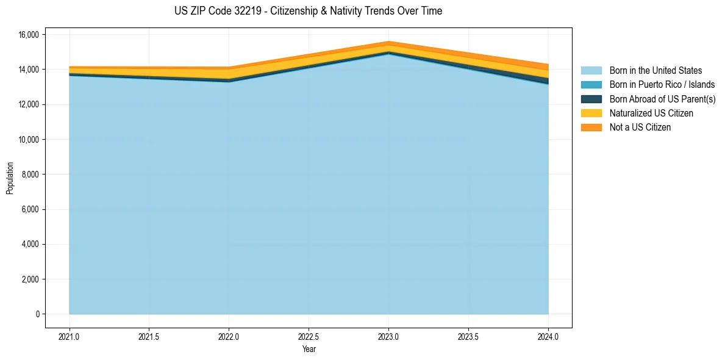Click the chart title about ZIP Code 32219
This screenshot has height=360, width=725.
tap(308, 11)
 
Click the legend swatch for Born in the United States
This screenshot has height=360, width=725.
tap(591, 71)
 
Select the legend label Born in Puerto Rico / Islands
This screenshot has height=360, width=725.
tap(662, 85)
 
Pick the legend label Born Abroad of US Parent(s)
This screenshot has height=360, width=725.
tap(662, 99)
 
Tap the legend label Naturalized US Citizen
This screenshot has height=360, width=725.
tap(651, 113)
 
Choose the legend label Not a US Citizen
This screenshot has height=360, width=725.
tap(640, 127)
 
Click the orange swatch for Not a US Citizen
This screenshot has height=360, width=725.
tap(591, 127)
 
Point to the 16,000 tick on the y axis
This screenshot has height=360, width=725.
tap(29, 35)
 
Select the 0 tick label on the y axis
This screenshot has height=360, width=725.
tap(37, 314)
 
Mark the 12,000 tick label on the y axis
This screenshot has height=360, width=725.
tap(29, 105)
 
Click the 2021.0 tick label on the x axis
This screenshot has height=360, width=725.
tap(70, 337)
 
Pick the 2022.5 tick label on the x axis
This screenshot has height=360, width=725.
tap(309, 337)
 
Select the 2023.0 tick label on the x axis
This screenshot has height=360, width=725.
tap(388, 337)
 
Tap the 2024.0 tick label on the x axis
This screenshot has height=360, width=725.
tap(548, 337)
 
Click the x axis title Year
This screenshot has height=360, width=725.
tap(309, 349)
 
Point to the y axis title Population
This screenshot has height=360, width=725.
tap(10, 178)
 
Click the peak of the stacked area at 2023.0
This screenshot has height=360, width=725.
tap(388, 42)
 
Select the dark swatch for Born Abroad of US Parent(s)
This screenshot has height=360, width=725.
tap(591, 99)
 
